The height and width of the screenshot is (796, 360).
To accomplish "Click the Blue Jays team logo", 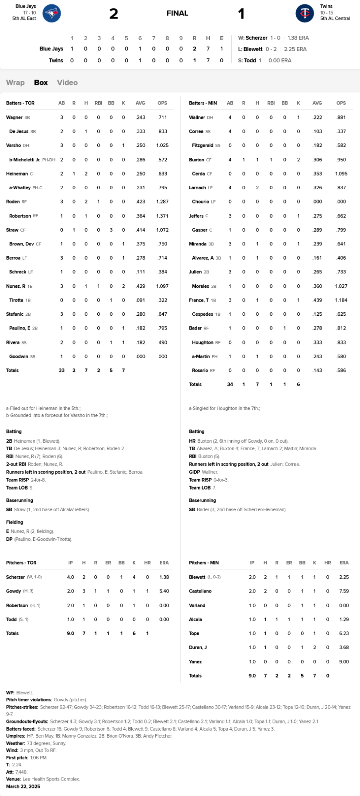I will click(x=52, y=13).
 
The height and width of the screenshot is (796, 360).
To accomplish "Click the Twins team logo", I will click(x=305, y=13).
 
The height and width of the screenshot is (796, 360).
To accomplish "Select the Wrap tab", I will click(x=15, y=83).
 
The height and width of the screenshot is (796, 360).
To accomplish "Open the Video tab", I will click(x=67, y=83).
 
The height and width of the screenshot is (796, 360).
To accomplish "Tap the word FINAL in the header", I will click(x=177, y=13).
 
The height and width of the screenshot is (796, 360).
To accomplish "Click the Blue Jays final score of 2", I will click(x=114, y=14).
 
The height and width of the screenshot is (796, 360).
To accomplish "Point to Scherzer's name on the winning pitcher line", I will click(x=257, y=38).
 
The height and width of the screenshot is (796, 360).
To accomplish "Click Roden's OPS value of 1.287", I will click(x=162, y=202).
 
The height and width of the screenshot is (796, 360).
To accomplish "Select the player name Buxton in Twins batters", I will click(x=196, y=160).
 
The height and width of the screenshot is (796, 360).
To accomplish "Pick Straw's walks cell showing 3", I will click(x=111, y=230).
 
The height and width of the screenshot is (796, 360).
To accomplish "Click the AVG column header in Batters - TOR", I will click(x=140, y=103).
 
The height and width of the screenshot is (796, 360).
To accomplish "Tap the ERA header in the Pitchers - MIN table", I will click(x=344, y=563).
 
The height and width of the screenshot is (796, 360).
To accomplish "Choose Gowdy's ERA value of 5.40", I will click(x=164, y=591).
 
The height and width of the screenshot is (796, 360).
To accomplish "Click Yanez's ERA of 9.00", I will click(x=344, y=662).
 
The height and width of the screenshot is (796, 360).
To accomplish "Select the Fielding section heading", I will click(x=15, y=522).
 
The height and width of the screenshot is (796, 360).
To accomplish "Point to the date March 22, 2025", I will click(x=23, y=787).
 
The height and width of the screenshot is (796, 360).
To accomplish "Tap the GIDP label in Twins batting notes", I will click(x=194, y=472).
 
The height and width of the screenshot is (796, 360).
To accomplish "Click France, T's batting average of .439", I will click(x=317, y=300).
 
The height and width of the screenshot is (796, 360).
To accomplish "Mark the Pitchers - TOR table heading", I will click(x=21, y=563).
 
